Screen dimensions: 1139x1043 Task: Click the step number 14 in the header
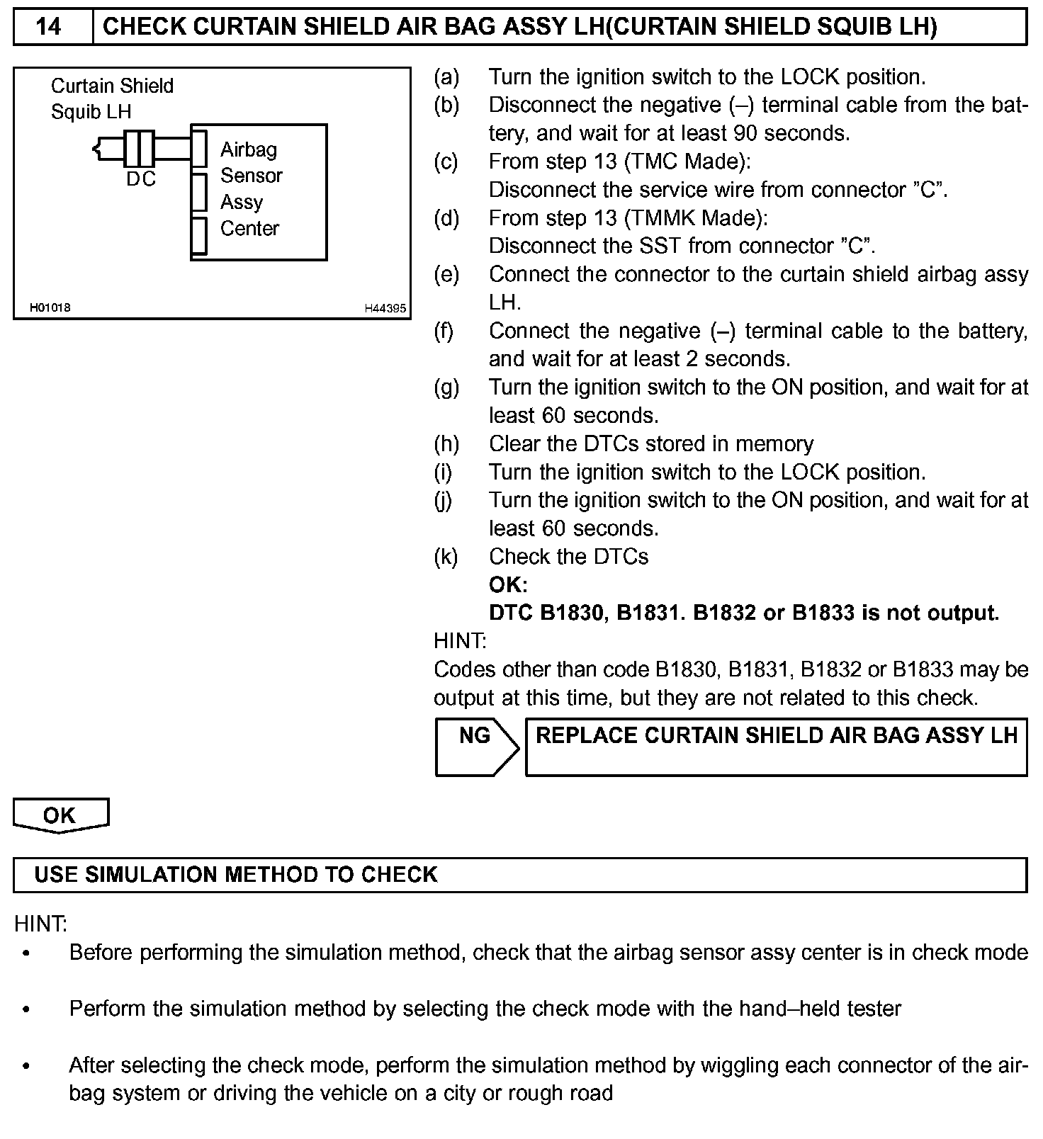coord(48,27)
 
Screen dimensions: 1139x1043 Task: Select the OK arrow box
coord(60,815)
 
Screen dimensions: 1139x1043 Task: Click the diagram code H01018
coord(50,307)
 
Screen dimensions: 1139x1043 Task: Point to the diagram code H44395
coord(385,308)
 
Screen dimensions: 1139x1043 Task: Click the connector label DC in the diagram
coord(140,180)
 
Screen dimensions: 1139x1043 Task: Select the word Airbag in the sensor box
coord(249,149)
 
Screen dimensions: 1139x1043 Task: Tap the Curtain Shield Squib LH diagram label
coord(111,98)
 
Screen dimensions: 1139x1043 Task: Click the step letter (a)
coord(446,76)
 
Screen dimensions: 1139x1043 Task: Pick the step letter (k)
coord(446,557)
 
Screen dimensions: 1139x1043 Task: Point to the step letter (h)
coord(446,444)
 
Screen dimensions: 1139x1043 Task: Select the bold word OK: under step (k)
coord(507,585)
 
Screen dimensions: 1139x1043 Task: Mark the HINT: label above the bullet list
coord(40,924)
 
